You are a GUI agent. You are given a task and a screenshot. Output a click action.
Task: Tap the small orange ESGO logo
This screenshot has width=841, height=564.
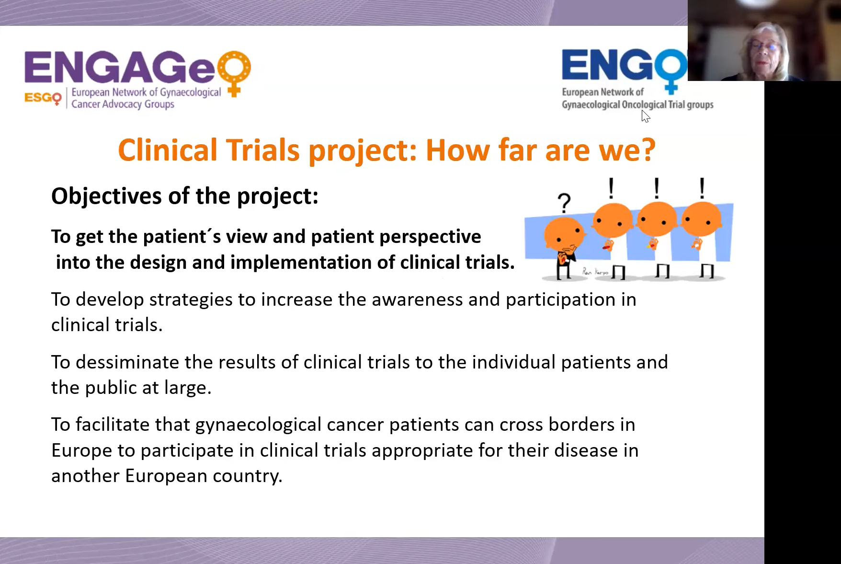43,98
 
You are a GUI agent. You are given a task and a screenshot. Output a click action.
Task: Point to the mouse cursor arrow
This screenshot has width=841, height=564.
646,116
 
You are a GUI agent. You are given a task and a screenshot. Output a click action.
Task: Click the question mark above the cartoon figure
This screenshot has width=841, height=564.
565,203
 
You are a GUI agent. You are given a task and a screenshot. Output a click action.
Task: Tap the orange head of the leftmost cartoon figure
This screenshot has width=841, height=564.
564,233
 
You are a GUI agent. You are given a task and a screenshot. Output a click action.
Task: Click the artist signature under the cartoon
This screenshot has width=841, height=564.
595,272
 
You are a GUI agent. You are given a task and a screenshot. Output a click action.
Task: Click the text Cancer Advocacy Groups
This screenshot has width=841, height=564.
123,104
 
